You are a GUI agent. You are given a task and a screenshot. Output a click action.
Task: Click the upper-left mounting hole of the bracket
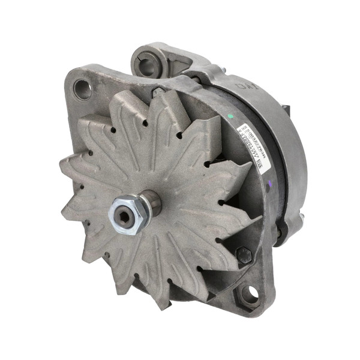click(82, 89)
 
